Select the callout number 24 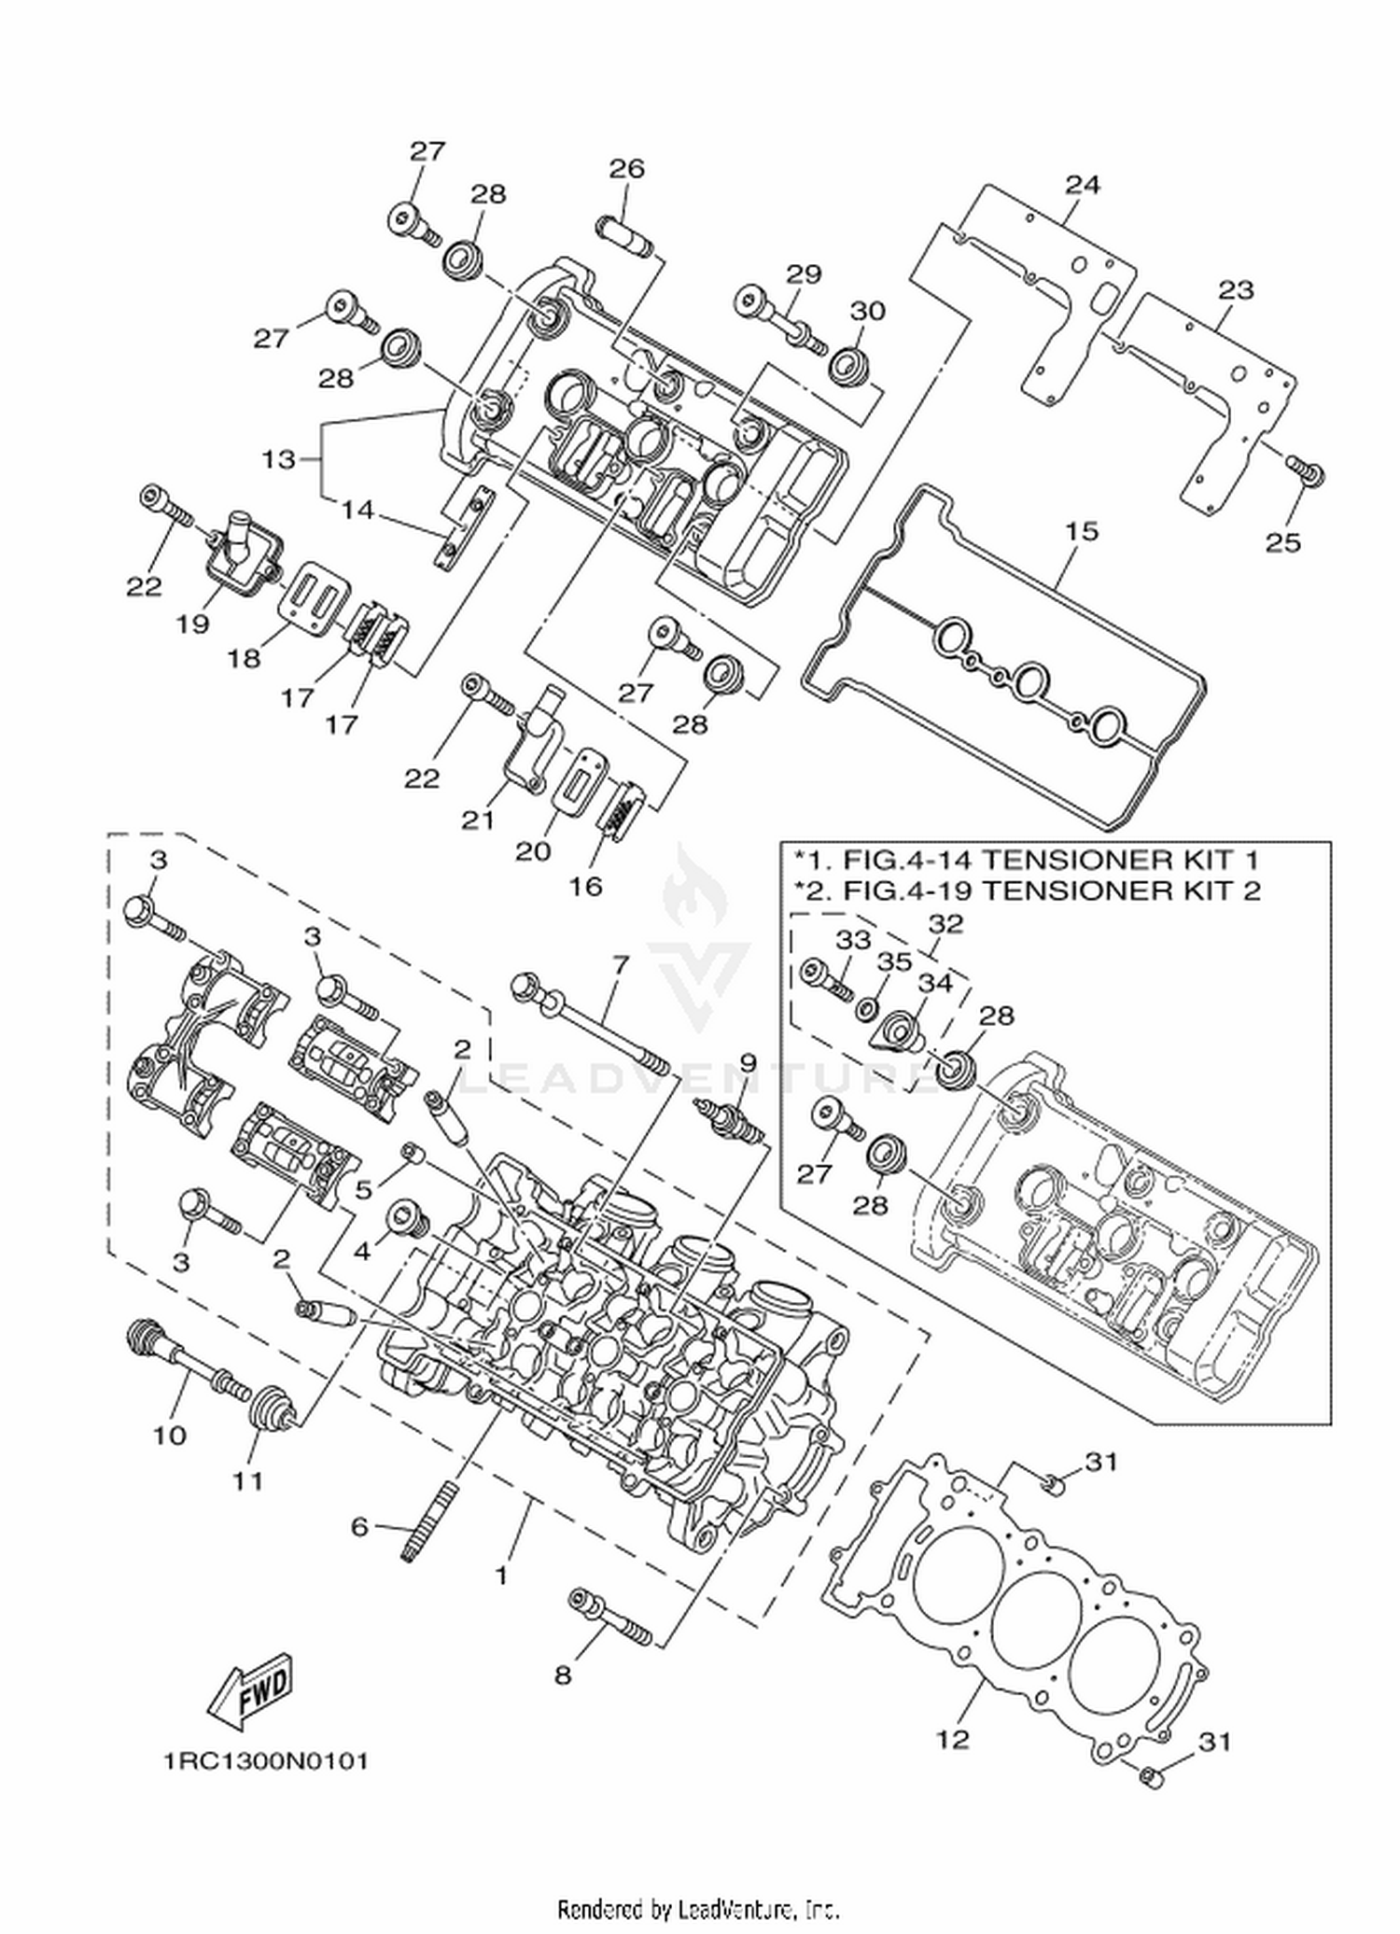point(1083,184)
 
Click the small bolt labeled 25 point(1306,472)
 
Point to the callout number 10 point(170,1435)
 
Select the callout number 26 point(627,169)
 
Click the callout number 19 point(193,624)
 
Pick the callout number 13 point(278,459)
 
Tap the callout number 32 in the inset point(945,924)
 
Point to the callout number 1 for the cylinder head point(502,1577)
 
